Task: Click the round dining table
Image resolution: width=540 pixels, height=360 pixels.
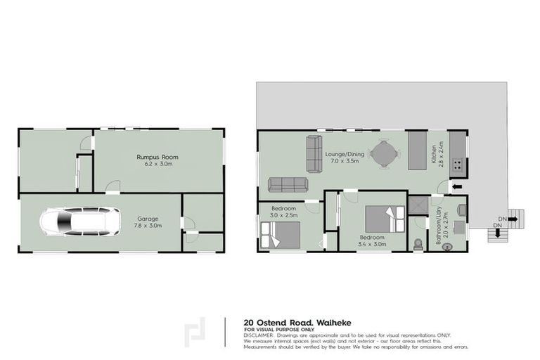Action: coord(384,154)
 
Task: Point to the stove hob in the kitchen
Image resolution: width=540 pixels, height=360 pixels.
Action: coord(457,166)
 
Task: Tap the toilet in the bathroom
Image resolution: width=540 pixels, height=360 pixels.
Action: coord(419,243)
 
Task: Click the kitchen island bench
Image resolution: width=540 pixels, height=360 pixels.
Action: coord(416,150)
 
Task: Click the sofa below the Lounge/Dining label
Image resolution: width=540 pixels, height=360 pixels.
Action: coord(288,185)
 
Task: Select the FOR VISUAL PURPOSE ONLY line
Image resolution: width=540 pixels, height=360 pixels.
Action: coord(277,328)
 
